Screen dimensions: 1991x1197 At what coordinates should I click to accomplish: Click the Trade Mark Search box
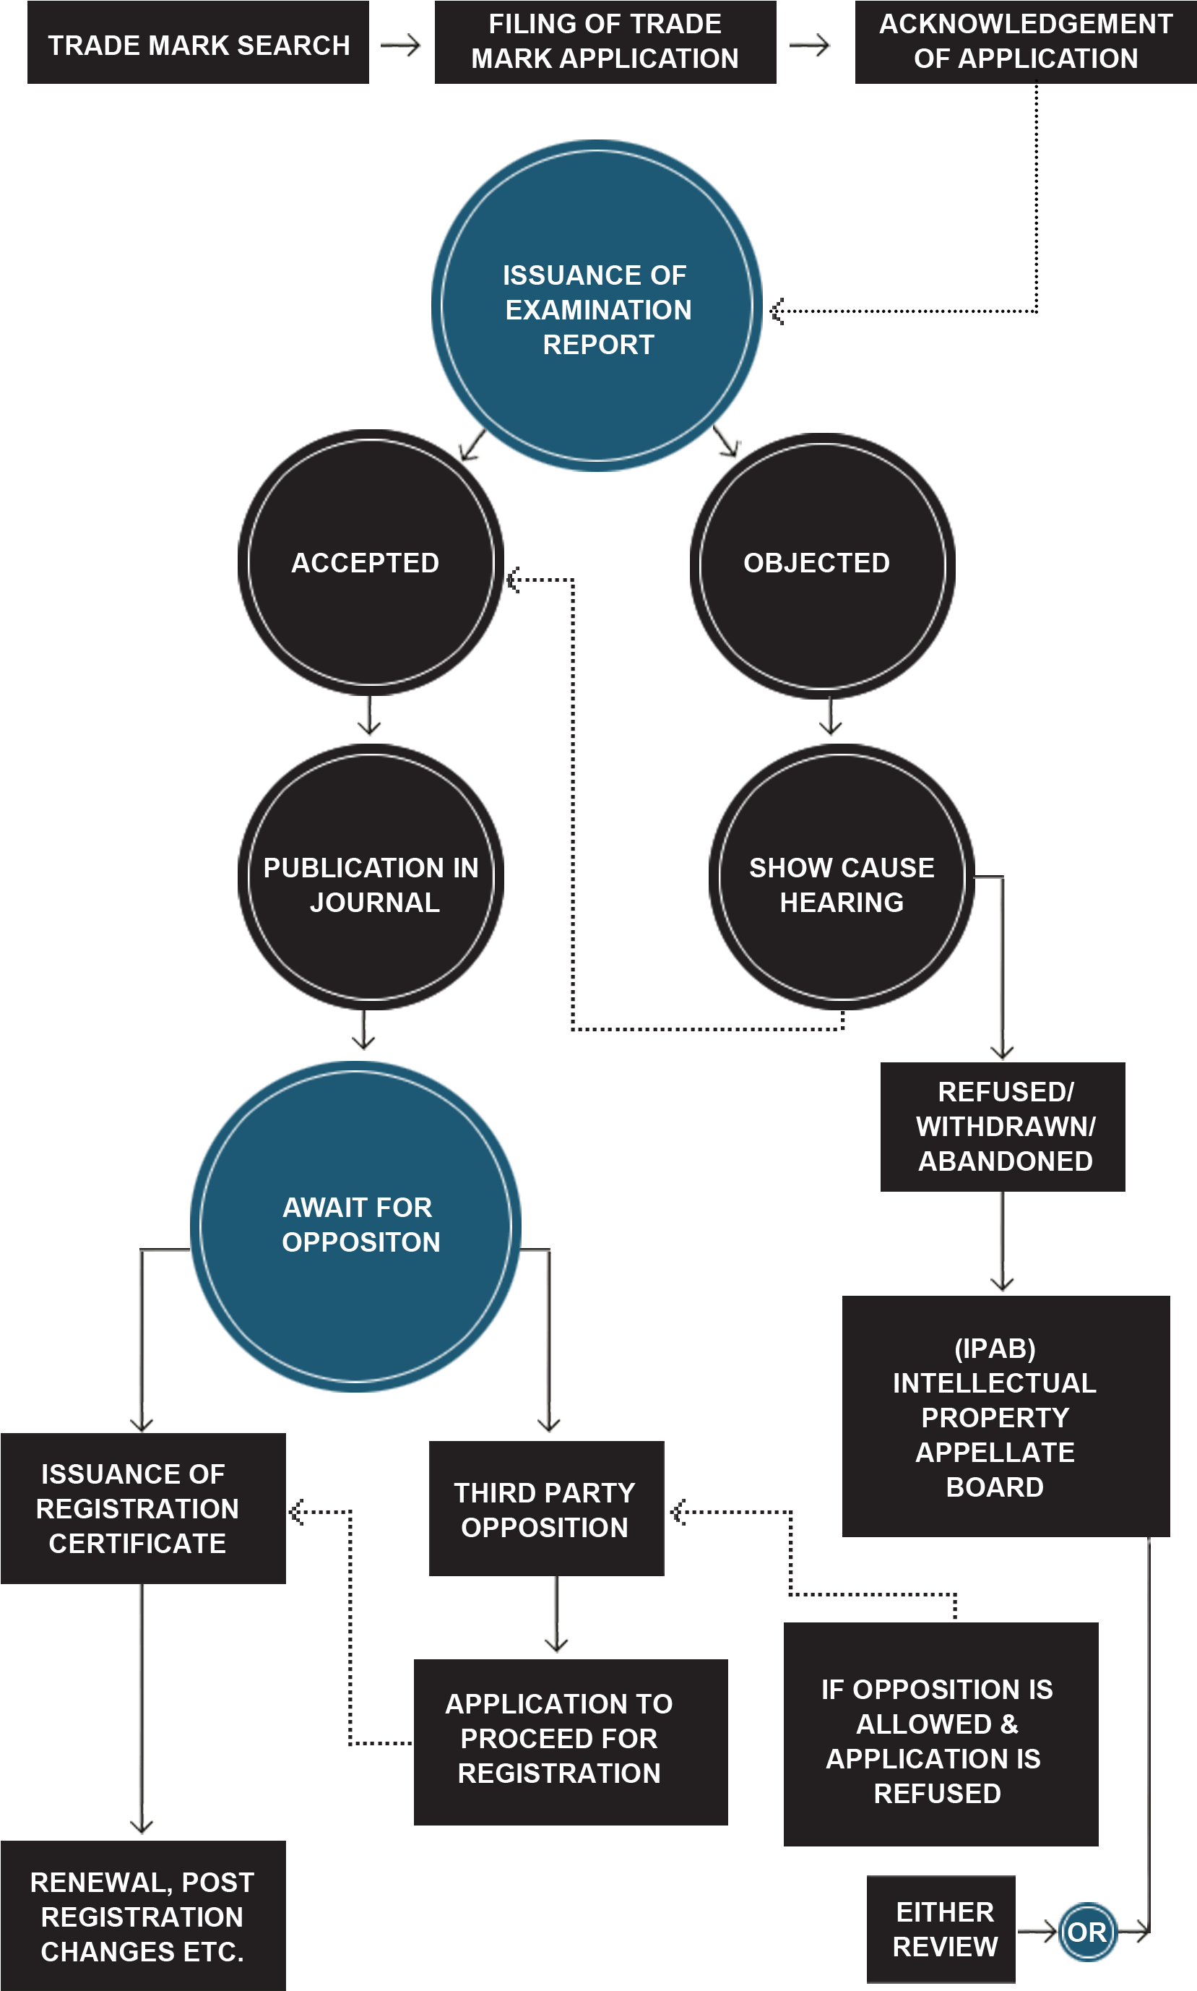pos(199,43)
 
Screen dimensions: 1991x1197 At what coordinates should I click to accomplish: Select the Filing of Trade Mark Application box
pos(605,42)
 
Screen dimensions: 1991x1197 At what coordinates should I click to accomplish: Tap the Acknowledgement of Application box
pos(1025,42)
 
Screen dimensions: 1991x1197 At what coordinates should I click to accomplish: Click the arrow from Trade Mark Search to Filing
pos(402,46)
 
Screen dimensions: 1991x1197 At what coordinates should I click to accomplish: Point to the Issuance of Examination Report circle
pos(597,306)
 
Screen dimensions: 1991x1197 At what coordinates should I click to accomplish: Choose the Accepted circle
pos(371,563)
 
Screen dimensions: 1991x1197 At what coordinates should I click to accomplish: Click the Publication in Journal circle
pos(371,878)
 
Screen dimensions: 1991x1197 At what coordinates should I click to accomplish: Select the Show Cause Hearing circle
pos(842,878)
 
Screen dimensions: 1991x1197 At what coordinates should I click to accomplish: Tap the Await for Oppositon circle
pos(355,1226)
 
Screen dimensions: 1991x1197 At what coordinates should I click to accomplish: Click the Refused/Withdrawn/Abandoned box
pos(1003,1126)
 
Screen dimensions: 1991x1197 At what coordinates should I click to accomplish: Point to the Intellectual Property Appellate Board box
pos(1005,1416)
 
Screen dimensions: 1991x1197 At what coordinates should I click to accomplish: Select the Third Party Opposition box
pos(546,1508)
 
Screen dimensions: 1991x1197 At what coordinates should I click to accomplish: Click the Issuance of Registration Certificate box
pos(143,1508)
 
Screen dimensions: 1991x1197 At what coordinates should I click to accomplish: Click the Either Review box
pos(941,1929)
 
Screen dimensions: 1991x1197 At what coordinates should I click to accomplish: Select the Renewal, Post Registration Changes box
pos(143,1917)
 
